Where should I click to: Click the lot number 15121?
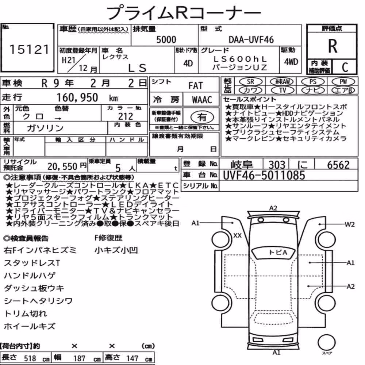pyautogui.click(x=29, y=49)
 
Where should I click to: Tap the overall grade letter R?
pyautogui.click(x=333, y=46)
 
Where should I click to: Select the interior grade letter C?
pyautogui.click(x=345, y=67)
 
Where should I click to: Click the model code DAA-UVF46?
pyautogui.click(x=251, y=39)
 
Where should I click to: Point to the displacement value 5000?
pyautogui.click(x=166, y=39)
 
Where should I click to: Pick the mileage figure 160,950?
pyautogui.click(x=77, y=97)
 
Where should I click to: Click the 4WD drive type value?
pyautogui.click(x=291, y=62)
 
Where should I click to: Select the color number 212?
pyautogui.click(x=126, y=116)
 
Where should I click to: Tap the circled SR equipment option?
pyautogui.click(x=250, y=81)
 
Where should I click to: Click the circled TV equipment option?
pyautogui.click(x=283, y=90)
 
